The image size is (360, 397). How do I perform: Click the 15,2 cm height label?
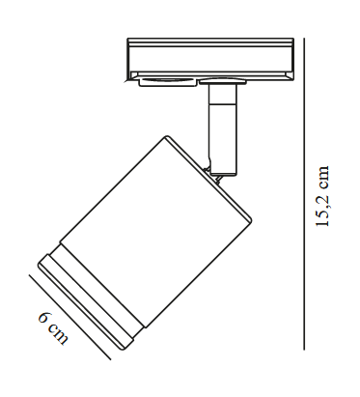click(x=322, y=196)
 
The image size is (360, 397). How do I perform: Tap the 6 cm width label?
click(x=53, y=327)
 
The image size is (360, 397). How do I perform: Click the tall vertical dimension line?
click(x=304, y=194)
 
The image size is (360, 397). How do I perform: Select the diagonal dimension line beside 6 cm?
click(x=69, y=317)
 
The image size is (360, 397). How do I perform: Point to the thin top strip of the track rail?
click(x=210, y=41)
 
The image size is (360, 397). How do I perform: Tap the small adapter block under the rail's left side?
click(x=167, y=82)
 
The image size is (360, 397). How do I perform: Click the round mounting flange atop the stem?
click(x=223, y=81)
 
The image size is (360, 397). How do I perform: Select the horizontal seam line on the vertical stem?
click(x=222, y=104)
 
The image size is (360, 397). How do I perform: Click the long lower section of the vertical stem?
click(x=222, y=139)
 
